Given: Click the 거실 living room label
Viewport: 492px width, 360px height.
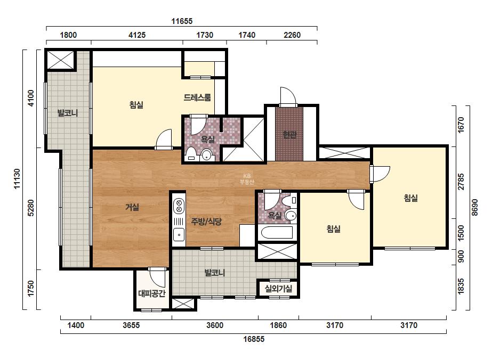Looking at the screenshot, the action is coord(132,207).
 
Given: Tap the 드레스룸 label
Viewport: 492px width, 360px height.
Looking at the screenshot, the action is coord(197,97).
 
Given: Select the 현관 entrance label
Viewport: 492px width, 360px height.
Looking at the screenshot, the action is coord(289,135).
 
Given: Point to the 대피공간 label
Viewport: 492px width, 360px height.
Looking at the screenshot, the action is coord(152,293).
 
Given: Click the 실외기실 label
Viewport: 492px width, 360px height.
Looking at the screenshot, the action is coord(278,289).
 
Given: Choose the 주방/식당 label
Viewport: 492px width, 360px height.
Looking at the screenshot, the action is coord(206,222).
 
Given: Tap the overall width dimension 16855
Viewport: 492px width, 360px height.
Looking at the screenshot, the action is coord(254,339).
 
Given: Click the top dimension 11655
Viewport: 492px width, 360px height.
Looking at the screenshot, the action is coord(182,21).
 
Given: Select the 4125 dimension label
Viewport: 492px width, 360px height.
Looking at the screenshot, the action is coord(137,35).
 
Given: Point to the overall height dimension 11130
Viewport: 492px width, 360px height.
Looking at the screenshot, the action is coord(17,179).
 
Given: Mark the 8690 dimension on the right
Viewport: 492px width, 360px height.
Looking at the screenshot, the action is coord(474,207).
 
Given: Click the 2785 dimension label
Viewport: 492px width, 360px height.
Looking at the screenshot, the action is coord(461,182).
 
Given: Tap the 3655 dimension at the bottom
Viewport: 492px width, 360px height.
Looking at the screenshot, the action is coord(131,325).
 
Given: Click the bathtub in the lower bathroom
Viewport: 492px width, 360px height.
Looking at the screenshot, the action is coord(277,233).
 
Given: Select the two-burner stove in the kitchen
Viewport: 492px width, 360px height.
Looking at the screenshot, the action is coord(179,206).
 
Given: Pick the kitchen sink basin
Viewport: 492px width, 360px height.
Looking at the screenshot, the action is coord(179,234).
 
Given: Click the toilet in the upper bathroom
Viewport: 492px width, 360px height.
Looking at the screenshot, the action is coord(190,155).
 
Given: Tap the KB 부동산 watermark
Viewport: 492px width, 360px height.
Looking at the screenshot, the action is coord(247,179).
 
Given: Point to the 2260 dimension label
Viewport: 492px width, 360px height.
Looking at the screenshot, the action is coord(292,35).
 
